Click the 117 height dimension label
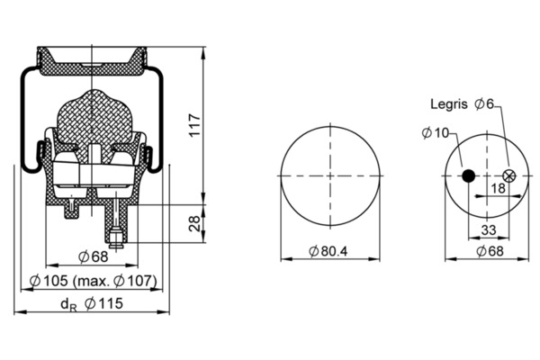[195, 125]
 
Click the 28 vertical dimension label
[194, 223]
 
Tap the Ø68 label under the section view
[93, 256]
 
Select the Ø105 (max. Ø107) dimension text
[93, 281]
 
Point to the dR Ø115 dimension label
[92, 304]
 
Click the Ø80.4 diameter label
[328, 251]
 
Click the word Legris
[449, 104]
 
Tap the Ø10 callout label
[436, 132]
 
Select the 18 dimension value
[498, 188]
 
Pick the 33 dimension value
[489, 229]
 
